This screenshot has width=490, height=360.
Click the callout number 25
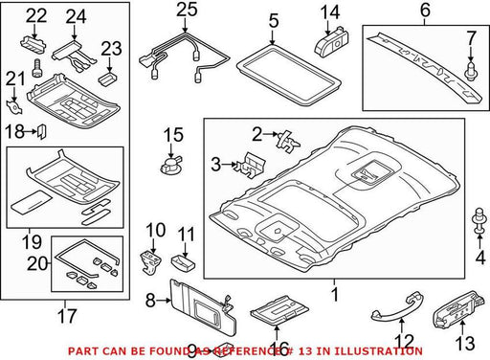[x=187, y=10]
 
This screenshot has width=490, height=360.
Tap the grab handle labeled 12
[x=394, y=308]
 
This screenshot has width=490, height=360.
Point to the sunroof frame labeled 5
[x=289, y=74]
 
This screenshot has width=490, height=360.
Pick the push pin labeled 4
[x=479, y=222]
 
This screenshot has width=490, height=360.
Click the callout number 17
[x=67, y=316]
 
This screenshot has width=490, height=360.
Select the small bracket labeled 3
[x=250, y=165]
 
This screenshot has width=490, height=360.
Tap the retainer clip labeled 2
[x=289, y=141]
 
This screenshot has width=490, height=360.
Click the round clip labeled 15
[x=170, y=165]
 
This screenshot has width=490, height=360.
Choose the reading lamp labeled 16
[x=279, y=310]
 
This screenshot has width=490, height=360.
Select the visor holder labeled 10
[x=149, y=262]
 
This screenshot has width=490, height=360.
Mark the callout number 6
[x=425, y=10]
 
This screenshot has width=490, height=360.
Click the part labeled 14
[x=331, y=42]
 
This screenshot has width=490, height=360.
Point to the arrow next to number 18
[x=31, y=131]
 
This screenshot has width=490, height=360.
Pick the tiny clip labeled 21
[x=14, y=107]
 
